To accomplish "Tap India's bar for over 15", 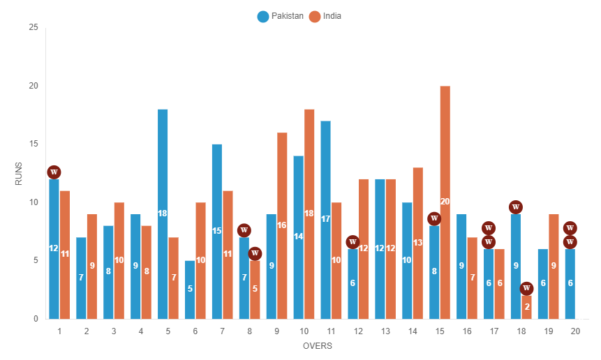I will click(445, 202).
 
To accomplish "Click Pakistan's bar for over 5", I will click(163, 214).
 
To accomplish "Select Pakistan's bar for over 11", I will click(325, 220).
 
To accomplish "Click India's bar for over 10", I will click(309, 214).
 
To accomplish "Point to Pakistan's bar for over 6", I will click(190, 290).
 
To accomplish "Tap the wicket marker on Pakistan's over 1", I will click(54, 172).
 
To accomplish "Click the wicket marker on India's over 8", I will click(255, 253).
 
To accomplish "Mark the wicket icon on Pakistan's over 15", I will click(434, 219).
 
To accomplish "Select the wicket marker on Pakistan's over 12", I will click(353, 242).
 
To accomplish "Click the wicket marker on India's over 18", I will click(527, 288).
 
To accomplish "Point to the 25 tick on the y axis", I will click(34, 27).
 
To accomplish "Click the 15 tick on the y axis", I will click(34, 144).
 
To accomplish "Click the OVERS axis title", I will click(318, 346).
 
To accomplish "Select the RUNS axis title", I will click(19, 173).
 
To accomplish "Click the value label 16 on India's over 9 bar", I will click(282, 225).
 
